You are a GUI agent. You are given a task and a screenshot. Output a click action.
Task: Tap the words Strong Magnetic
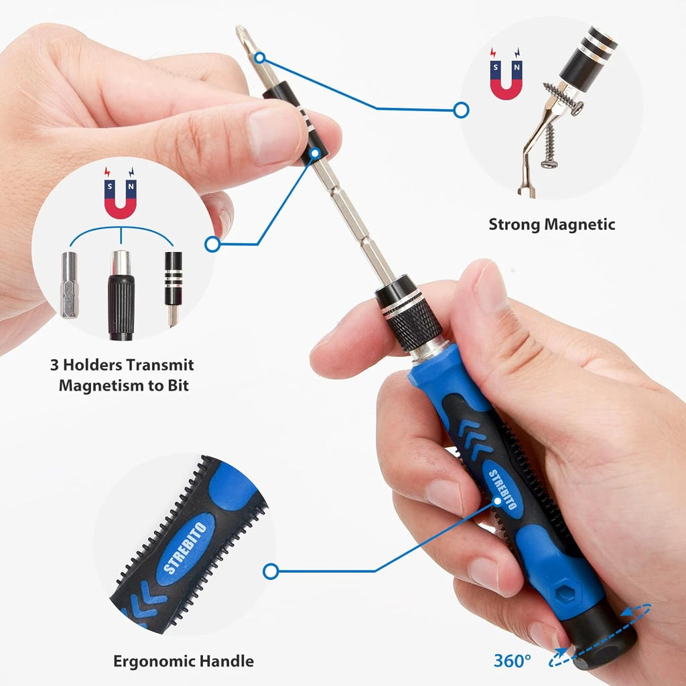pos(551,224)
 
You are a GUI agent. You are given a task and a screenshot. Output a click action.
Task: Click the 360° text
pos(512,660)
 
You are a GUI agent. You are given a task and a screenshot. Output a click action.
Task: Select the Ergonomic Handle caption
pos(183,661)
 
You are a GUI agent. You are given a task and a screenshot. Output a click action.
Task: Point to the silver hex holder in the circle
pos(69,285)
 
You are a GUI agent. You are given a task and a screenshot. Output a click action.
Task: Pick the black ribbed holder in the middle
pos(121,295)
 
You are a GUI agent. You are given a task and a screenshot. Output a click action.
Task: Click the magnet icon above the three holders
pos(121,200)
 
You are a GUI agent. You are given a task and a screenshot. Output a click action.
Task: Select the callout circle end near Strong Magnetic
pos(461,110)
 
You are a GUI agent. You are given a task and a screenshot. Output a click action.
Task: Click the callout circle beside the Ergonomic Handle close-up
pos(271,571)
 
